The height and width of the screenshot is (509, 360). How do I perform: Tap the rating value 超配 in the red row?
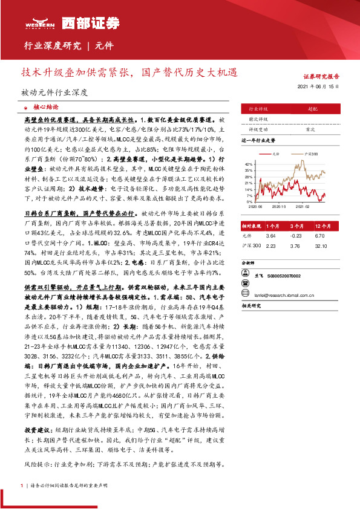pyautogui.click(x=313, y=109)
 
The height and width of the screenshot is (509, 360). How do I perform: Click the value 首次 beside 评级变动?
pyautogui.click(x=310, y=129)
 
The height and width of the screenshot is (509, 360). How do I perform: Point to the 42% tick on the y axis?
pyautogui.click(x=247, y=164)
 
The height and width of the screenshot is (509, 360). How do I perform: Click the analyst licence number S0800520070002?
pyautogui.click(x=284, y=275)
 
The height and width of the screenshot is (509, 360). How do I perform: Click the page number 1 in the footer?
pyautogui.click(x=22, y=485)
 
